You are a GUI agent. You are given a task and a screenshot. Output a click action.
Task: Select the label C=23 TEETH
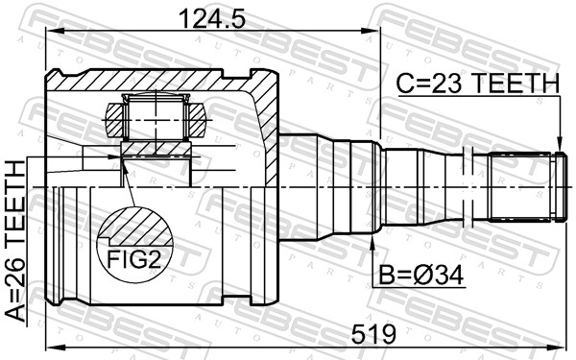pyautogui.click(x=477, y=84)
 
